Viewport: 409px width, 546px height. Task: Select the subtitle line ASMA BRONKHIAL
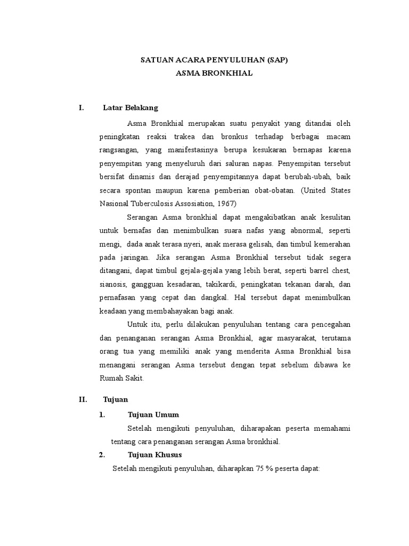(214, 74)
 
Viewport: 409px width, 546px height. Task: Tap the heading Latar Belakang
(130, 108)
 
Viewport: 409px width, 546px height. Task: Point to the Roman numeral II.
(83, 399)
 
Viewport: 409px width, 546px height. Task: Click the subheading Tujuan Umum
(153, 414)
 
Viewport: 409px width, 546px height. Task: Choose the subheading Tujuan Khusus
(155, 455)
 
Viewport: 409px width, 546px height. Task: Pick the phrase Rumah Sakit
(121, 379)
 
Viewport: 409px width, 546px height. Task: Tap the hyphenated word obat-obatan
(271, 190)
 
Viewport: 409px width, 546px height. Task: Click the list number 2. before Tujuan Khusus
(102, 455)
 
